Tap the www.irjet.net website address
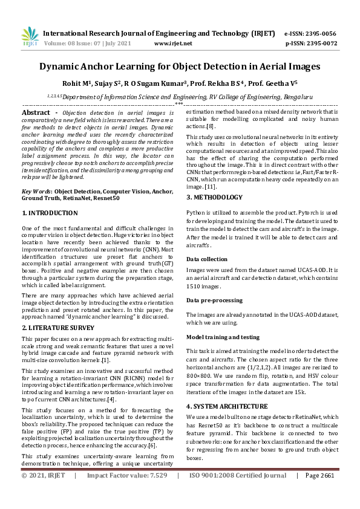(173, 44)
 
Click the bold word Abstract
(36, 113)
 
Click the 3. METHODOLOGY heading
(214, 197)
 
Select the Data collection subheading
(207, 259)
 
